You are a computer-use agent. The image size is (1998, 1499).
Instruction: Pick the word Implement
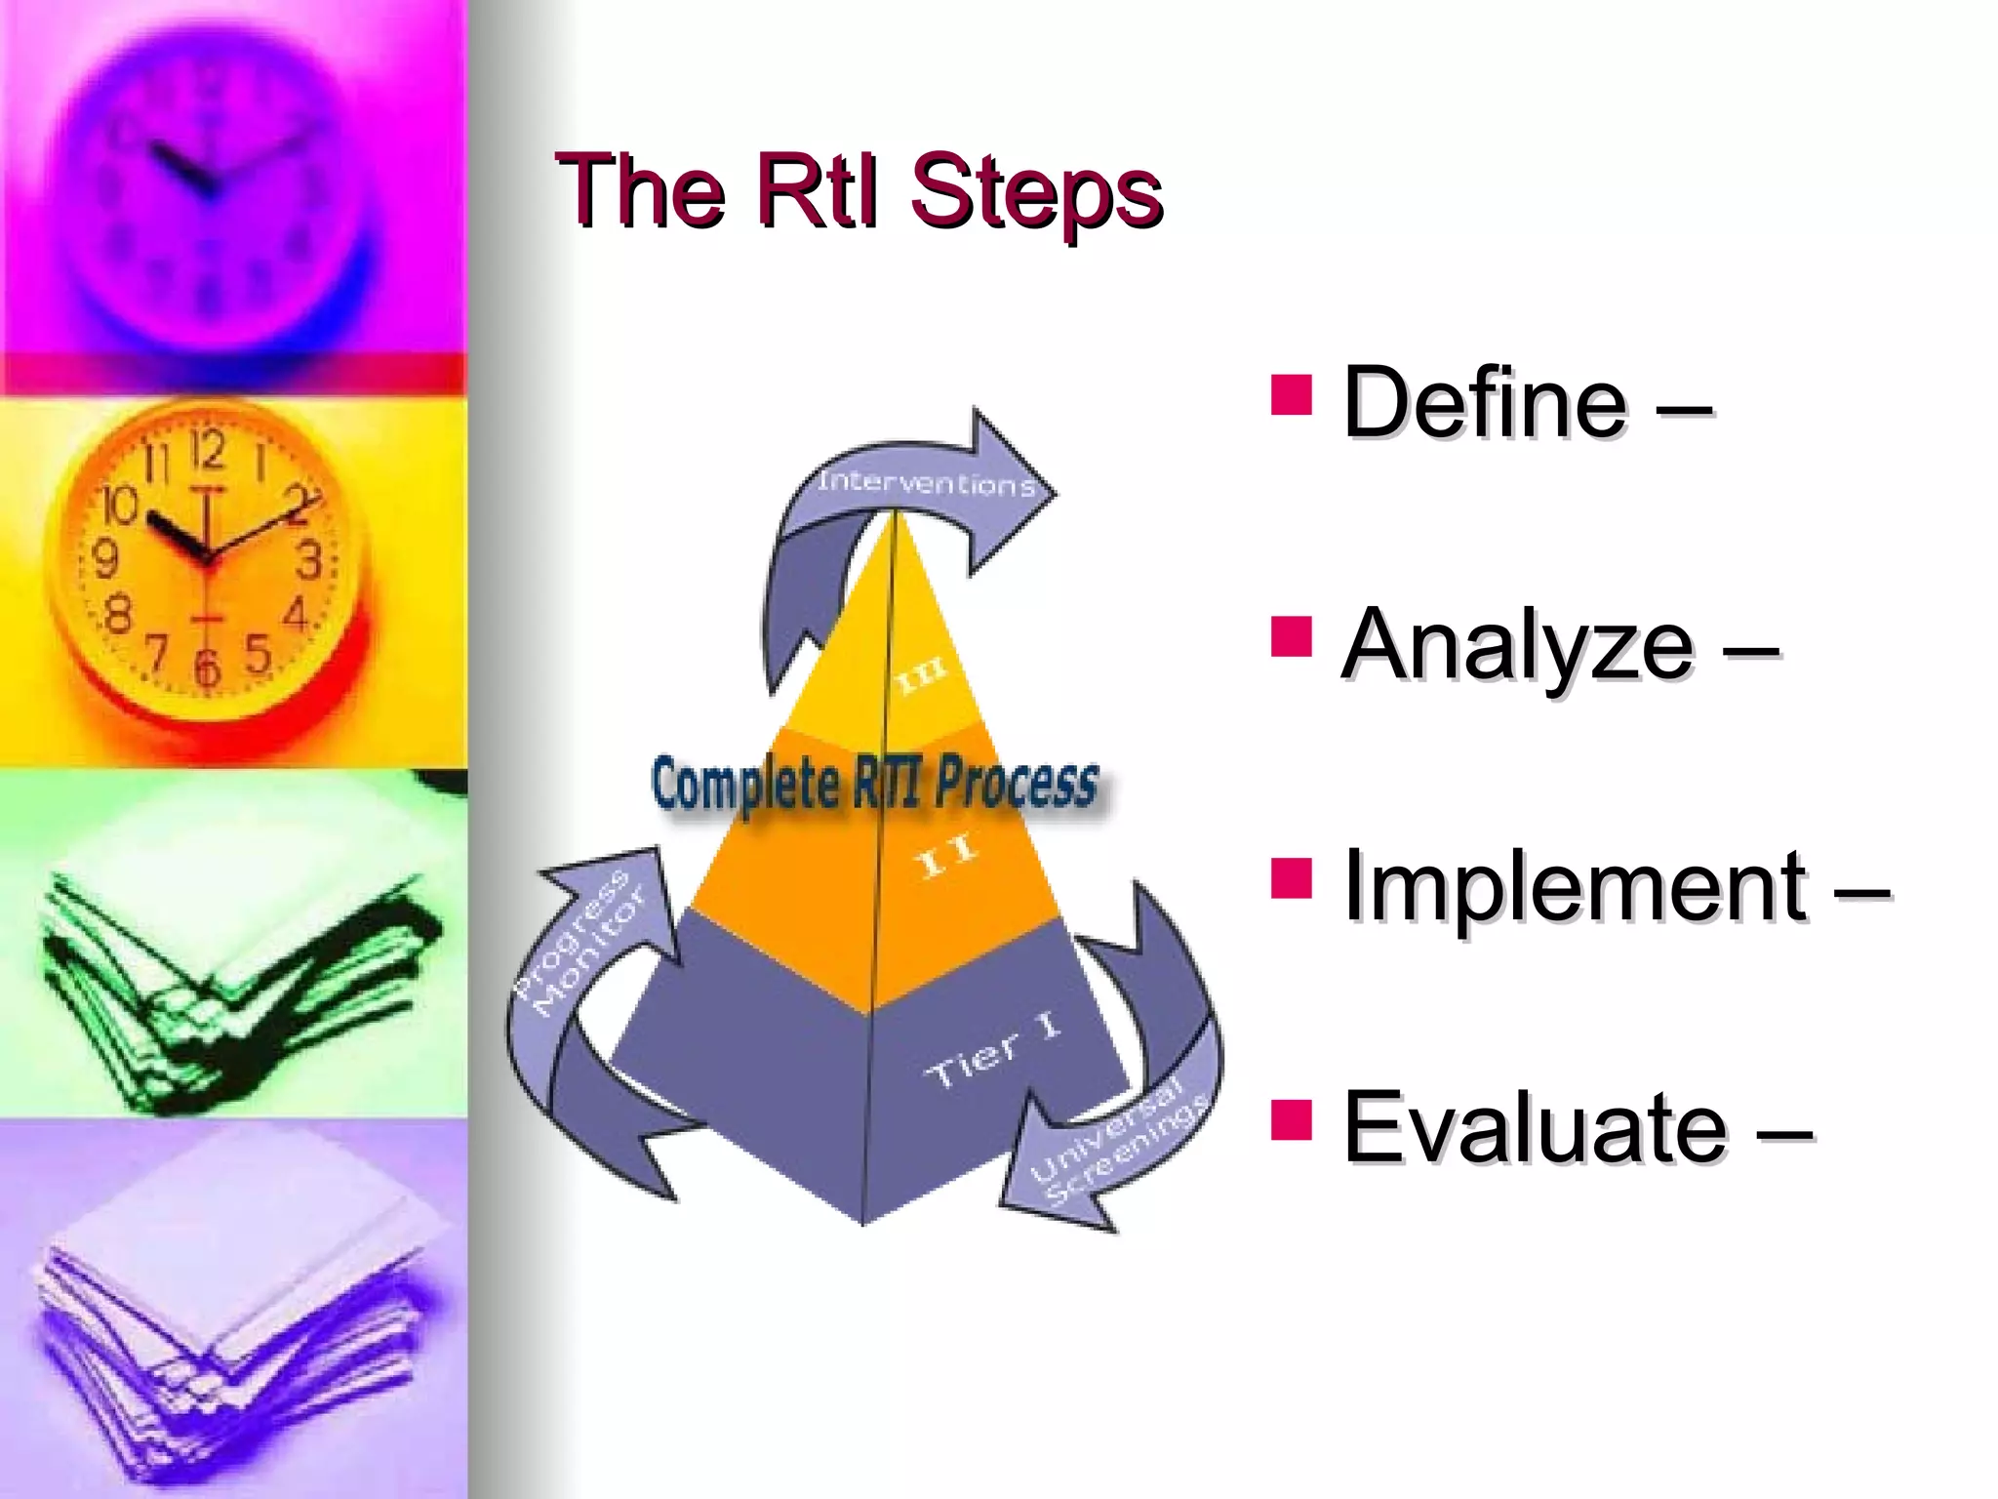point(1575,886)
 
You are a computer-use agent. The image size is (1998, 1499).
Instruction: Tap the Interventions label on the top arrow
point(926,482)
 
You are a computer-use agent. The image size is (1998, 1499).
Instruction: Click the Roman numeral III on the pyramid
point(921,675)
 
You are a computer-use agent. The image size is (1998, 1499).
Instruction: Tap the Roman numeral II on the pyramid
point(946,857)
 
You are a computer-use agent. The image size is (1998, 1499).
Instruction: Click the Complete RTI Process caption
point(874,785)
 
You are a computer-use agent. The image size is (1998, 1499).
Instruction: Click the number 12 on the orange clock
point(207,451)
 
